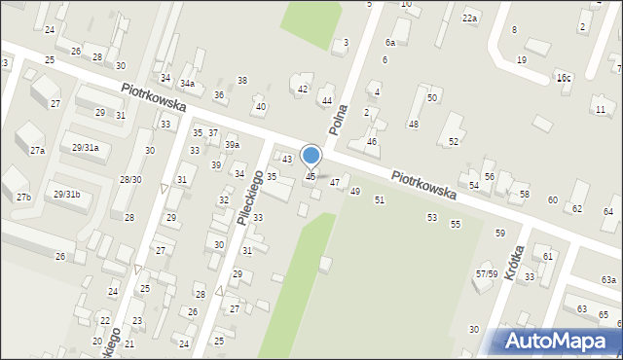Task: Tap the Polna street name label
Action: coord(338,119)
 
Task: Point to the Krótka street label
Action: coord(515,262)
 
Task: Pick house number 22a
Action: coord(471,18)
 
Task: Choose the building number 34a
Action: coord(186,84)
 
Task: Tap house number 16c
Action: coord(564,77)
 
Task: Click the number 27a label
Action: coord(37,151)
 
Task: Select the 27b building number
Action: coord(23,198)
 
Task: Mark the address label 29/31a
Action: coord(85,147)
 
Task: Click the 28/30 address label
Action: coord(130,179)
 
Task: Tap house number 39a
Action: coord(232,144)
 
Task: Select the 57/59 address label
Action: coord(487,273)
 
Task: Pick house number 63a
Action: coord(608,280)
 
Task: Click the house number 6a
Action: coord(389,43)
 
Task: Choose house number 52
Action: coord(453,141)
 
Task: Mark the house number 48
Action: coord(413,124)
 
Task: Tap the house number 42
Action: coord(302,89)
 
